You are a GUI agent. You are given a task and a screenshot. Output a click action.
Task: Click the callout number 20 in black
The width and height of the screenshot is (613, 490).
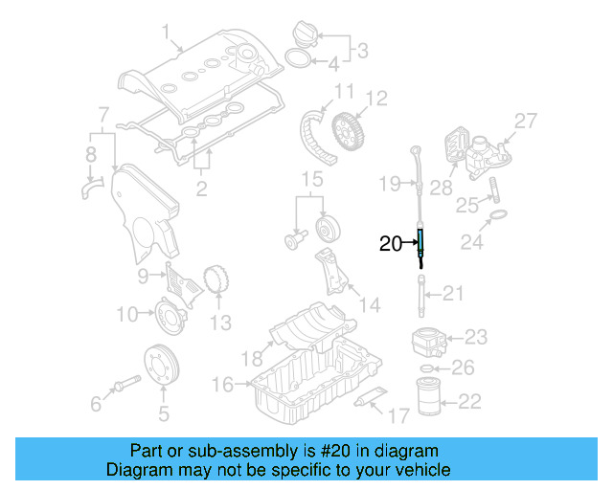coord(391,244)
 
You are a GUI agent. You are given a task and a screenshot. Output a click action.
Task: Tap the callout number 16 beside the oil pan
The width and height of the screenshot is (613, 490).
coord(222,385)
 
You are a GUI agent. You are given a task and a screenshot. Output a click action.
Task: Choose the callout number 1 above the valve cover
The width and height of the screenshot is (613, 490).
coord(167,39)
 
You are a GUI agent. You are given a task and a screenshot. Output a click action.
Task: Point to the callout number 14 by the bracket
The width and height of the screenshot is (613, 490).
coord(369,305)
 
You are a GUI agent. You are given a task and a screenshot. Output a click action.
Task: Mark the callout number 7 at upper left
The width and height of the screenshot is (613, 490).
coord(103,116)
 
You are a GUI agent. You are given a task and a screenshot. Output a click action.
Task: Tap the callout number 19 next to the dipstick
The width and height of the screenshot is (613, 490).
coord(388,182)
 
